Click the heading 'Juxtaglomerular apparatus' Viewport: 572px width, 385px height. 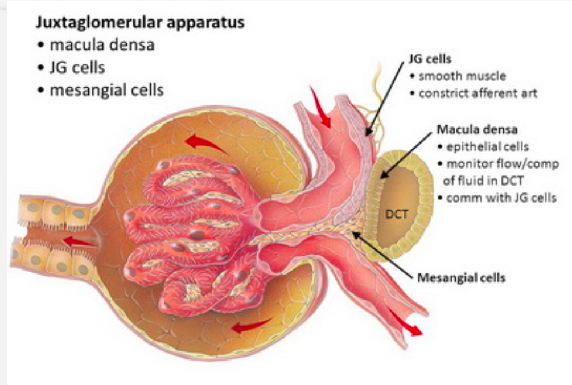pyautogui.click(x=140, y=23)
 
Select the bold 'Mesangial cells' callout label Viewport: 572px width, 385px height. pyautogui.click(x=461, y=278)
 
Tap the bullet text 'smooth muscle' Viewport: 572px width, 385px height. pyautogui.click(x=462, y=76)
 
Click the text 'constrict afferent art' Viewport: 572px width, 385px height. pyautogui.click(x=478, y=93)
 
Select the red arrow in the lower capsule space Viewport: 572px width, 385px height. pyautogui.click(x=250, y=326)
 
